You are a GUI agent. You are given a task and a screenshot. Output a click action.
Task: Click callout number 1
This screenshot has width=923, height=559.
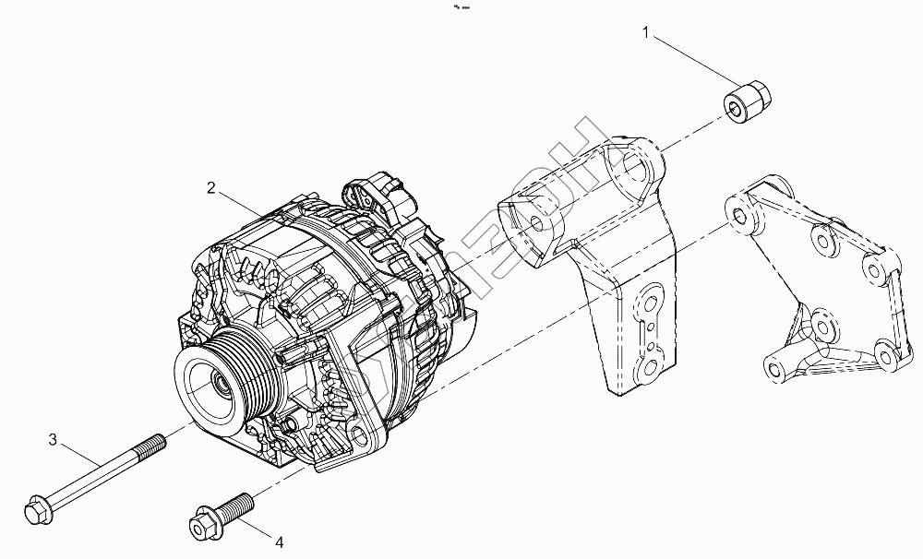click(x=646, y=34)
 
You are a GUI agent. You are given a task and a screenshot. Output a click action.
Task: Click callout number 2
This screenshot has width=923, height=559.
click(x=211, y=188)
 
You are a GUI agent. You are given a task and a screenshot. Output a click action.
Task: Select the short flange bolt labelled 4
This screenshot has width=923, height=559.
click(x=222, y=514)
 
